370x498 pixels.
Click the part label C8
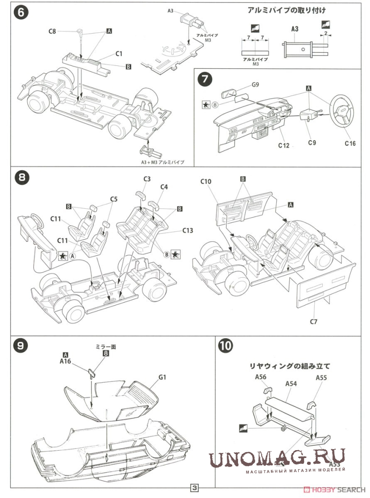coord(53,31)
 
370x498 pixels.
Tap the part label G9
coord(255,84)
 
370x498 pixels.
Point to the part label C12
coord(284,145)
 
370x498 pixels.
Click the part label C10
coord(205,182)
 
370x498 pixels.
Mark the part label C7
coord(313,321)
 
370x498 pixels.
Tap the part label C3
coord(147,179)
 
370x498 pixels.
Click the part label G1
coord(163,377)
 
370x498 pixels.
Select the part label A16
coord(66,362)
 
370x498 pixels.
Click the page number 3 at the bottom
coord(194,488)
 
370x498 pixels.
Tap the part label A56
coord(260,376)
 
